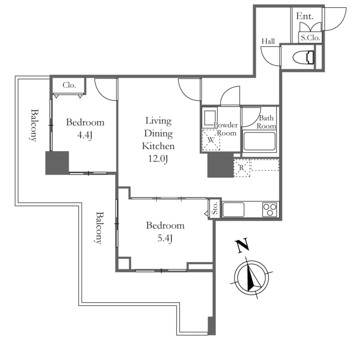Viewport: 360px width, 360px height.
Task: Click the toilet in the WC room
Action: point(304,58)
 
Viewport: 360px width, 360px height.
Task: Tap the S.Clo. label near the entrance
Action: point(310,38)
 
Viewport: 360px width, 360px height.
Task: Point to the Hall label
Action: point(268,41)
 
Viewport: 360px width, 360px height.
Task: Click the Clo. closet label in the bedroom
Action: point(69,85)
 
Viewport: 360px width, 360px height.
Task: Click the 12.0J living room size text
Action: point(158,158)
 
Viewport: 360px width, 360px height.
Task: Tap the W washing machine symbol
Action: point(211,139)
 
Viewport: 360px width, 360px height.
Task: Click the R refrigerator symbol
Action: point(242,168)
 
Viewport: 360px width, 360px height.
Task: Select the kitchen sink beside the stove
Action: point(234,210)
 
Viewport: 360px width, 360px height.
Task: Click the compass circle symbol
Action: point(252,278)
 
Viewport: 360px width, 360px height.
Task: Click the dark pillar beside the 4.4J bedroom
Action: point(57,163)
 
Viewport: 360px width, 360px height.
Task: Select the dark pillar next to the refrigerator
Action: point(220,165)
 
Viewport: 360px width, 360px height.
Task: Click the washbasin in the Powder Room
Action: point(209,118)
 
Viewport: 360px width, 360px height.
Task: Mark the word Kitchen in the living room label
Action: point(158,146)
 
